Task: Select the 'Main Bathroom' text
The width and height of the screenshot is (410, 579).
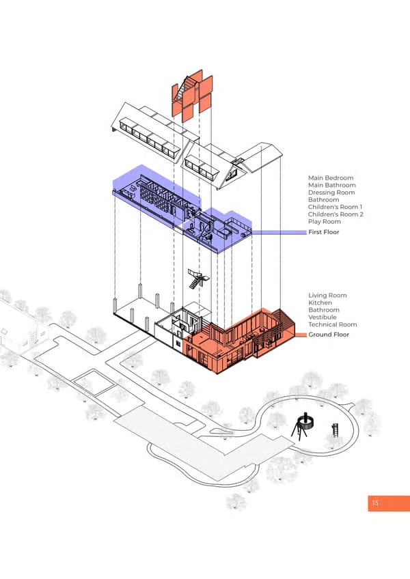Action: coord(332,185)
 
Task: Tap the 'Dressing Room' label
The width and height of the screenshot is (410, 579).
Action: coord(331,193)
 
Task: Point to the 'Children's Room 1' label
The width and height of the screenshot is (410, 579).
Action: coord(336,207)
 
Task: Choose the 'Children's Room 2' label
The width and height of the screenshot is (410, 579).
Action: coord(336,214)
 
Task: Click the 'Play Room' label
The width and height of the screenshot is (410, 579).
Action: coord(325,221)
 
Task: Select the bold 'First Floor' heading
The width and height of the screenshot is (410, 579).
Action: coord(324,232)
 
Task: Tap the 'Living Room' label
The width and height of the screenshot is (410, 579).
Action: coord(327,296)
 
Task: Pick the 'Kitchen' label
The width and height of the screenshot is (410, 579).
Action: coord(320,302)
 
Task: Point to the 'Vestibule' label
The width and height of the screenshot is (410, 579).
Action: coord(323,317)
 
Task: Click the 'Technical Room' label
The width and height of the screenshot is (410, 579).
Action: coord(333,324)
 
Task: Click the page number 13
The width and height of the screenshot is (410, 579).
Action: coord(375,503)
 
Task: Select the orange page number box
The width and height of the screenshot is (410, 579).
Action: coord(388,503)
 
